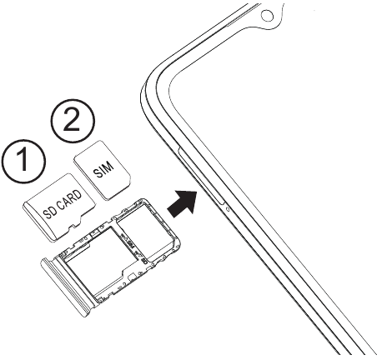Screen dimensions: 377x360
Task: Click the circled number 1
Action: coord(23,161)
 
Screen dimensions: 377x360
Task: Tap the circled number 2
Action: coord(73,121)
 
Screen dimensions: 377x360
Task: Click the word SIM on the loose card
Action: coord(103,169)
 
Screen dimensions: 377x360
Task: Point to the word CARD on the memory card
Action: coord(70,200)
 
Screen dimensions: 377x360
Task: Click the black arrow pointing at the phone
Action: coord(183,203)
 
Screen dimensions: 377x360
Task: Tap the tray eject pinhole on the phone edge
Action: coord(228,209)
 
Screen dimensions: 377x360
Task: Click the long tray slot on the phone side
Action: coord(201,177)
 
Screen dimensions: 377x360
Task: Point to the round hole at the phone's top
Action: coord(267,15)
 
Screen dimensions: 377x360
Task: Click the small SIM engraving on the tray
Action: coord(130,242)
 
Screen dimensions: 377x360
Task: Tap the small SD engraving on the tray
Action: coord(143,261)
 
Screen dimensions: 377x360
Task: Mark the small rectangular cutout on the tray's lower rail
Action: coord(133,276)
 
